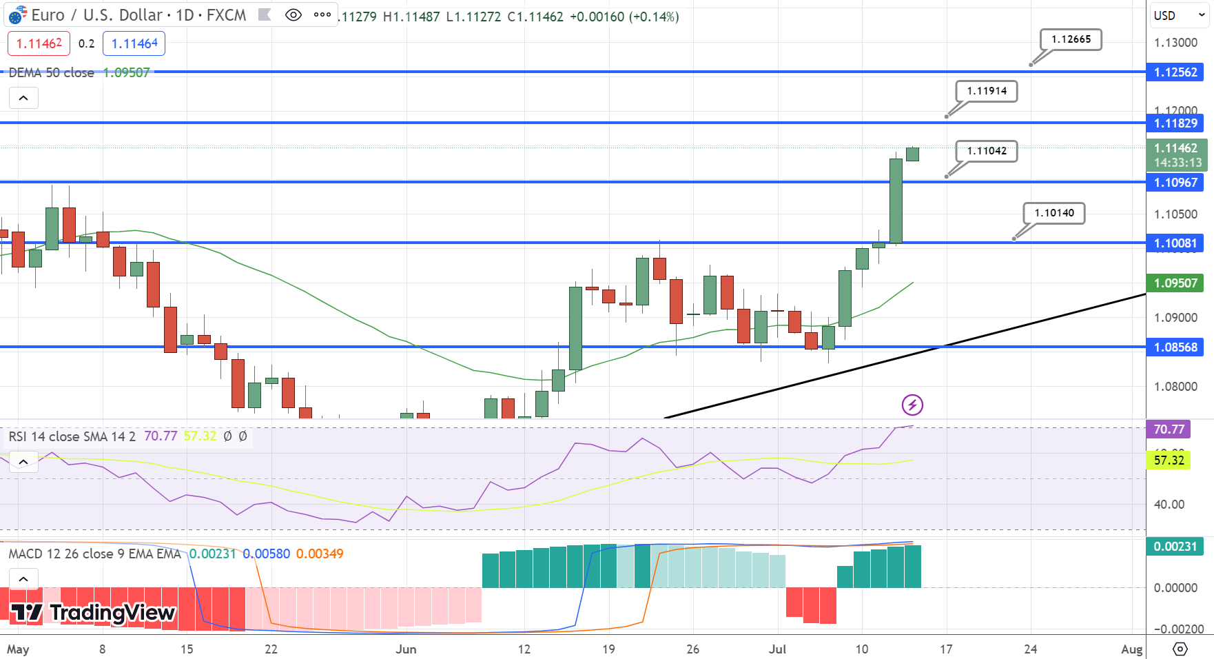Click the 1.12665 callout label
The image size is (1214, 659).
(x=1071, y=39)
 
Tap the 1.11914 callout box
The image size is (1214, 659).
(x=987, y=91)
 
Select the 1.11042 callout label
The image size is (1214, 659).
(x=987, y=151)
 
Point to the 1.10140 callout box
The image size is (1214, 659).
(x=1054, y=213)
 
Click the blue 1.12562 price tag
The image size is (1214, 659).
(x=1175, y=72)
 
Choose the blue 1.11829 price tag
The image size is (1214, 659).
(x=1175, y=123)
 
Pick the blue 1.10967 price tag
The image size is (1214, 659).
(x=1175, y=183)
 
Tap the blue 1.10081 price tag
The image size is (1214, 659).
(x=1175, y=243)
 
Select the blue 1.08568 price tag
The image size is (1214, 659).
(x=1175, y=347)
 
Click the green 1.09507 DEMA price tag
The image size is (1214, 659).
(x=1175, y=283)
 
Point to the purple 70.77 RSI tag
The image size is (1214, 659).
(x=1169, y=429)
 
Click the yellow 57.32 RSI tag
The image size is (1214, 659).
(x=1169, y=460)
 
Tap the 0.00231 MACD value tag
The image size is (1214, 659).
(x=1175, y=547)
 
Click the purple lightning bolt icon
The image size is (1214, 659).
(x=912, y=405)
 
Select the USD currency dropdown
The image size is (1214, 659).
(x=1179, y=15)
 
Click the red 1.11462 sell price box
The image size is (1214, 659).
(x=39, y=43)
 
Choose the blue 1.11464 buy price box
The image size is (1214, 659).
(x=134, y=43)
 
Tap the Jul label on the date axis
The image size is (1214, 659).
(x=777, y=649)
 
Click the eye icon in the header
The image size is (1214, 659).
(x=293, y=15)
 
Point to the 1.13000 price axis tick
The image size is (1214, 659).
(x=1175, y=43)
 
